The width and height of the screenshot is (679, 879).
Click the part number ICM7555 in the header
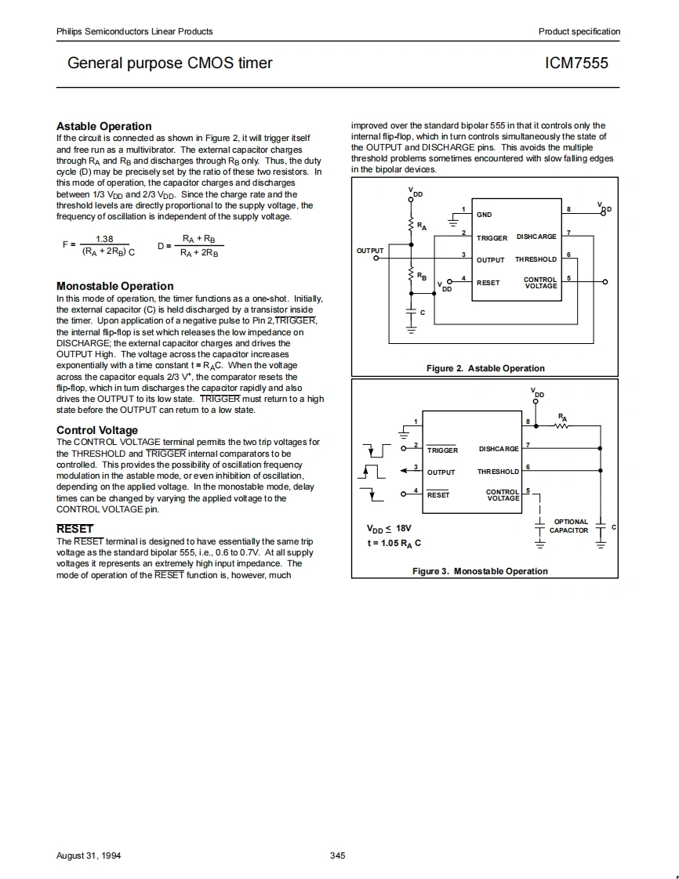[576, 63]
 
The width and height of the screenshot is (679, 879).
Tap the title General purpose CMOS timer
[170, 63]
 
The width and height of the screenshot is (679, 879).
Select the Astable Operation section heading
[104, 126]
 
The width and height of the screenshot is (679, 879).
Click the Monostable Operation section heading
[115, 286]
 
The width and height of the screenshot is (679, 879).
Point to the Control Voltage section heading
[97, 430]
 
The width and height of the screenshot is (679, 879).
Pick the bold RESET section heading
[74, 529]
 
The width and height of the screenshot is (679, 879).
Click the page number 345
[338, 855]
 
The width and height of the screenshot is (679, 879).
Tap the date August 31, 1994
[89, 855]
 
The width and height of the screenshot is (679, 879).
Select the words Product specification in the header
[579, 31]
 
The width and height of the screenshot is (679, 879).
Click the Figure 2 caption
[485, 368]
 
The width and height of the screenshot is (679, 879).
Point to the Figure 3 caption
[480, 571]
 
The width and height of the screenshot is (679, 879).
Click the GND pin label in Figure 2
[485, 215]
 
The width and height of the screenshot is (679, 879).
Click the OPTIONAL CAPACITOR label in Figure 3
[570, 526]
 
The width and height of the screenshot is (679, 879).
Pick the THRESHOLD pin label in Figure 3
[498, 472]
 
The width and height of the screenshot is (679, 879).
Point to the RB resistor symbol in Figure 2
[410, 275]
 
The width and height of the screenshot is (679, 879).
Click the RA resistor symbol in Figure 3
[563, 426]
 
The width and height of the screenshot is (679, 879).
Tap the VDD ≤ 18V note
[390, 528]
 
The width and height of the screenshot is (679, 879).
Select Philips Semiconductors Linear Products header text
[135, 31]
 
